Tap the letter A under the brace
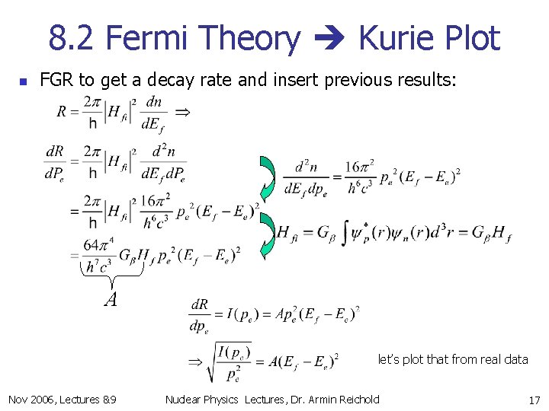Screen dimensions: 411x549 [111, 300]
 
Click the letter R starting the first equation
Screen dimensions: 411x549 [62, 112]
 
